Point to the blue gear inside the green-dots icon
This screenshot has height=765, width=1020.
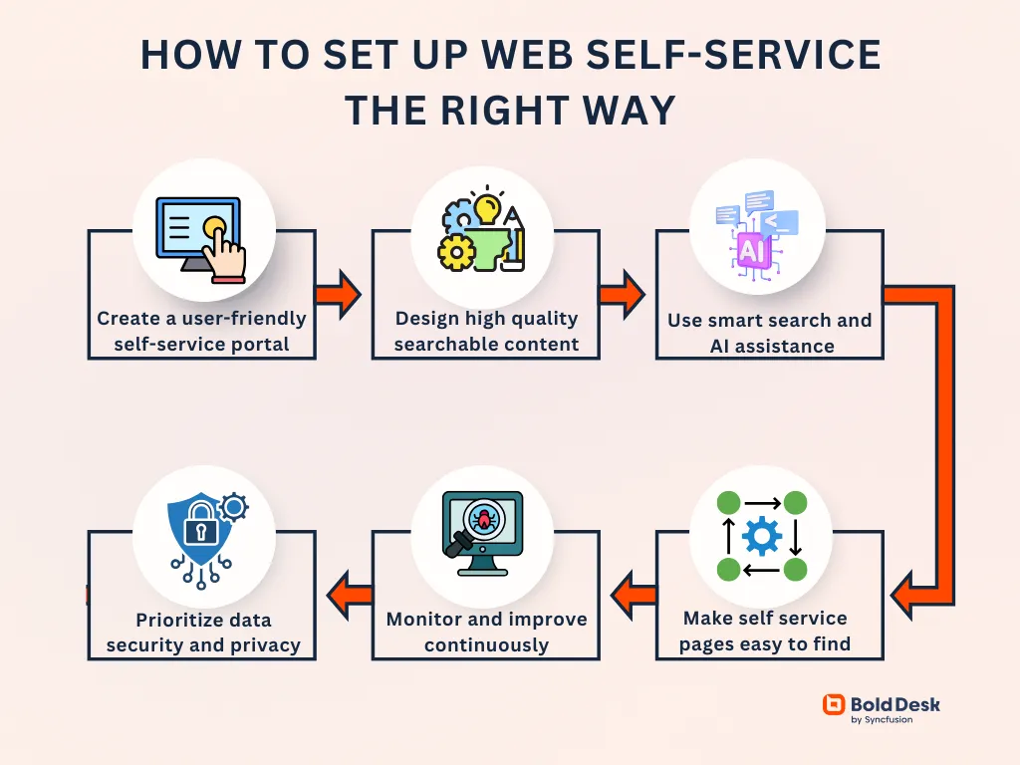[762, 536]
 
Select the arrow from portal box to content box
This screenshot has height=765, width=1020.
[339, 295]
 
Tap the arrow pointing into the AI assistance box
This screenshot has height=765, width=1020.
[622, 295]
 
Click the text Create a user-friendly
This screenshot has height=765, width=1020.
[201, 319]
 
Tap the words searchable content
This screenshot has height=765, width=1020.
[486, 345]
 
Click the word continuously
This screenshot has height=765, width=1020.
[486, 645]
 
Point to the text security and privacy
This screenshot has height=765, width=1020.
[203, 645]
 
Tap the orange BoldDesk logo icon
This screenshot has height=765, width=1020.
[833, 705]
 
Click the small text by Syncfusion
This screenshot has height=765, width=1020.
[882, 720]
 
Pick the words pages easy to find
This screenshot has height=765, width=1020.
[765, 644]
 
